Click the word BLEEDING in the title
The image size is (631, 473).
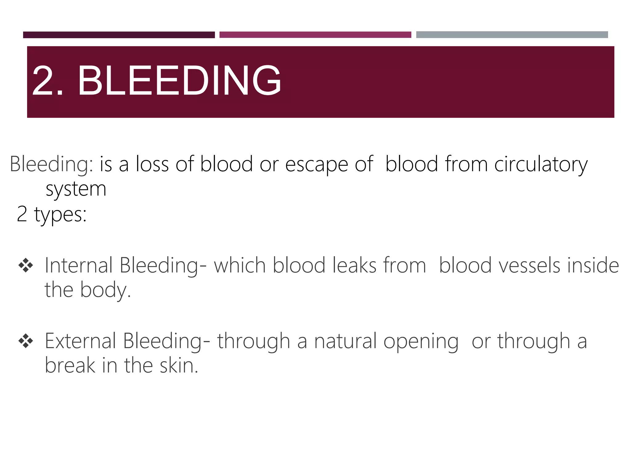click(179, 81)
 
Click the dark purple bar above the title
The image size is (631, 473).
click(119, 35)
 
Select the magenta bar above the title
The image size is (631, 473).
click(315, 35)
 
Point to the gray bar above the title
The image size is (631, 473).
click(512, 35)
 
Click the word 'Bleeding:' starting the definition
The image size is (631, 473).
click(51, 164)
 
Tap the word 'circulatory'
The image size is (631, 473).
click(541, 164)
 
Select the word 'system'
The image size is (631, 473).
click(76, 189)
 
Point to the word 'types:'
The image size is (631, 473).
click(60, 214)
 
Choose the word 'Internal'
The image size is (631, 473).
click(79, 265)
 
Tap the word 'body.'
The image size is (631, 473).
click(106, 290)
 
